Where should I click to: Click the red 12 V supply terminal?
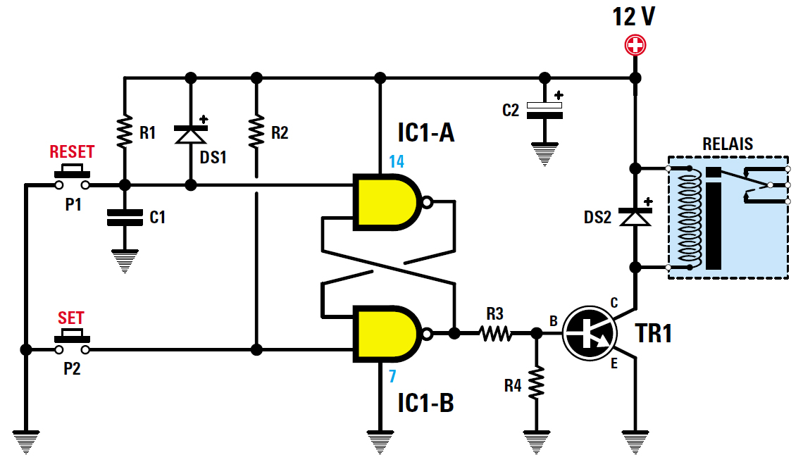pos(635,46)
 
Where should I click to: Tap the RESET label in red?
pos(72,152)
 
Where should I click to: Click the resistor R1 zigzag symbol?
pos(124,131)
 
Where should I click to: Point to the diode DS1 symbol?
pos(190,134)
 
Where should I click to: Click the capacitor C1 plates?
pos(124,218)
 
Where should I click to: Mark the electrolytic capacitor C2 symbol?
pos(544,110)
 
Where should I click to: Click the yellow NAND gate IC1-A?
pos(387,202)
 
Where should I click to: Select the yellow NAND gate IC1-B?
pos(387,333)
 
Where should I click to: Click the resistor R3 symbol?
pos(495,332)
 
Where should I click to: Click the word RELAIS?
pos(728,144)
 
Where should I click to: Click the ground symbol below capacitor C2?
pos(544,154)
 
